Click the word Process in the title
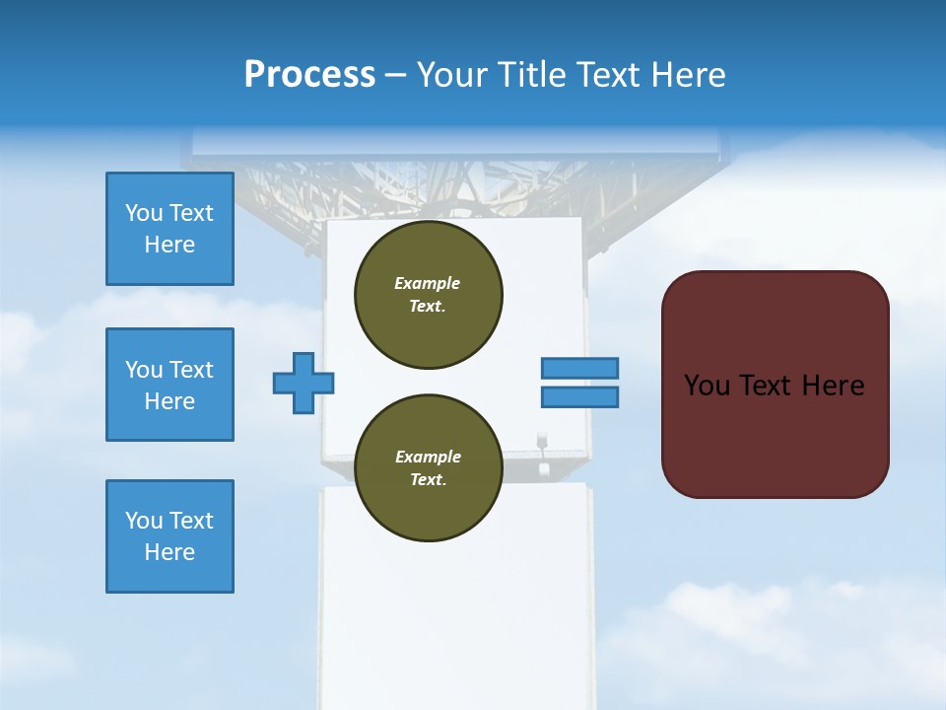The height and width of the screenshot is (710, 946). tap(309, 75)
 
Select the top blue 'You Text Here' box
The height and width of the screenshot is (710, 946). tap(169, 229)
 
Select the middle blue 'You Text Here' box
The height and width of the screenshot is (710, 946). tap(169, 385)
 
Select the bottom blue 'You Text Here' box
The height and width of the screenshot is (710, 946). tap(169, 536)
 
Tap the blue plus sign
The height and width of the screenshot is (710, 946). tap(304, 383)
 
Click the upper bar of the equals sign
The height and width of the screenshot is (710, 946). tap(579, 368)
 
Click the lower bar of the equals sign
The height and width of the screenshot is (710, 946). tap(579, 396)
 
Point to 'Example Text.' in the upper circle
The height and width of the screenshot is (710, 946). tap(428, 294)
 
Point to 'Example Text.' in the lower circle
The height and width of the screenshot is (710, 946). tap(428, 467)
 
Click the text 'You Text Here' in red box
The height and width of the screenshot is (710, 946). tap(775, 385)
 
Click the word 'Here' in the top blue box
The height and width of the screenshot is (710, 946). tap(169, 245)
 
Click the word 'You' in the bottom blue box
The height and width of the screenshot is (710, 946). tap(144, 521)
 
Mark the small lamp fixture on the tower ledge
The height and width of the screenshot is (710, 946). tap(542, 442)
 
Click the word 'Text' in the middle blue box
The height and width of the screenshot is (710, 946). tap(191, 370)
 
